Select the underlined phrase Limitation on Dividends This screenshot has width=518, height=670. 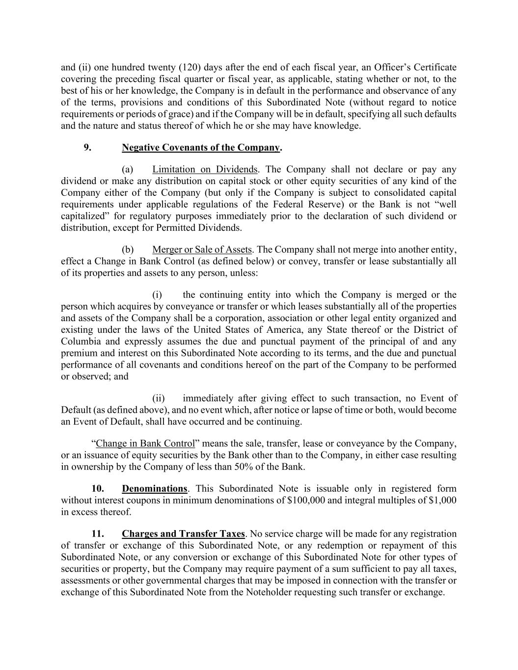[x=205, y=169]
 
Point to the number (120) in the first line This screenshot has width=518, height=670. [x=187, y=67]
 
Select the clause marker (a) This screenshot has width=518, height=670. [x=128, y=169]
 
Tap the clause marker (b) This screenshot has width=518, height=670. [x=128, y=249]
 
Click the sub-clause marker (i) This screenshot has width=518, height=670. [x=157, y=295]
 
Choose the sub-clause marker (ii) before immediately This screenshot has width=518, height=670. [x=158, y=398]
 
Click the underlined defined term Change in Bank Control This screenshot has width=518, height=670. [x=145, y=443]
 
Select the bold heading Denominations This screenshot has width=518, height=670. [x=154, y=488]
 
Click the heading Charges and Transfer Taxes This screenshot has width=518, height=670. [x=183, y=534]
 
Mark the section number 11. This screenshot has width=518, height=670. [x=98, y=534]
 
